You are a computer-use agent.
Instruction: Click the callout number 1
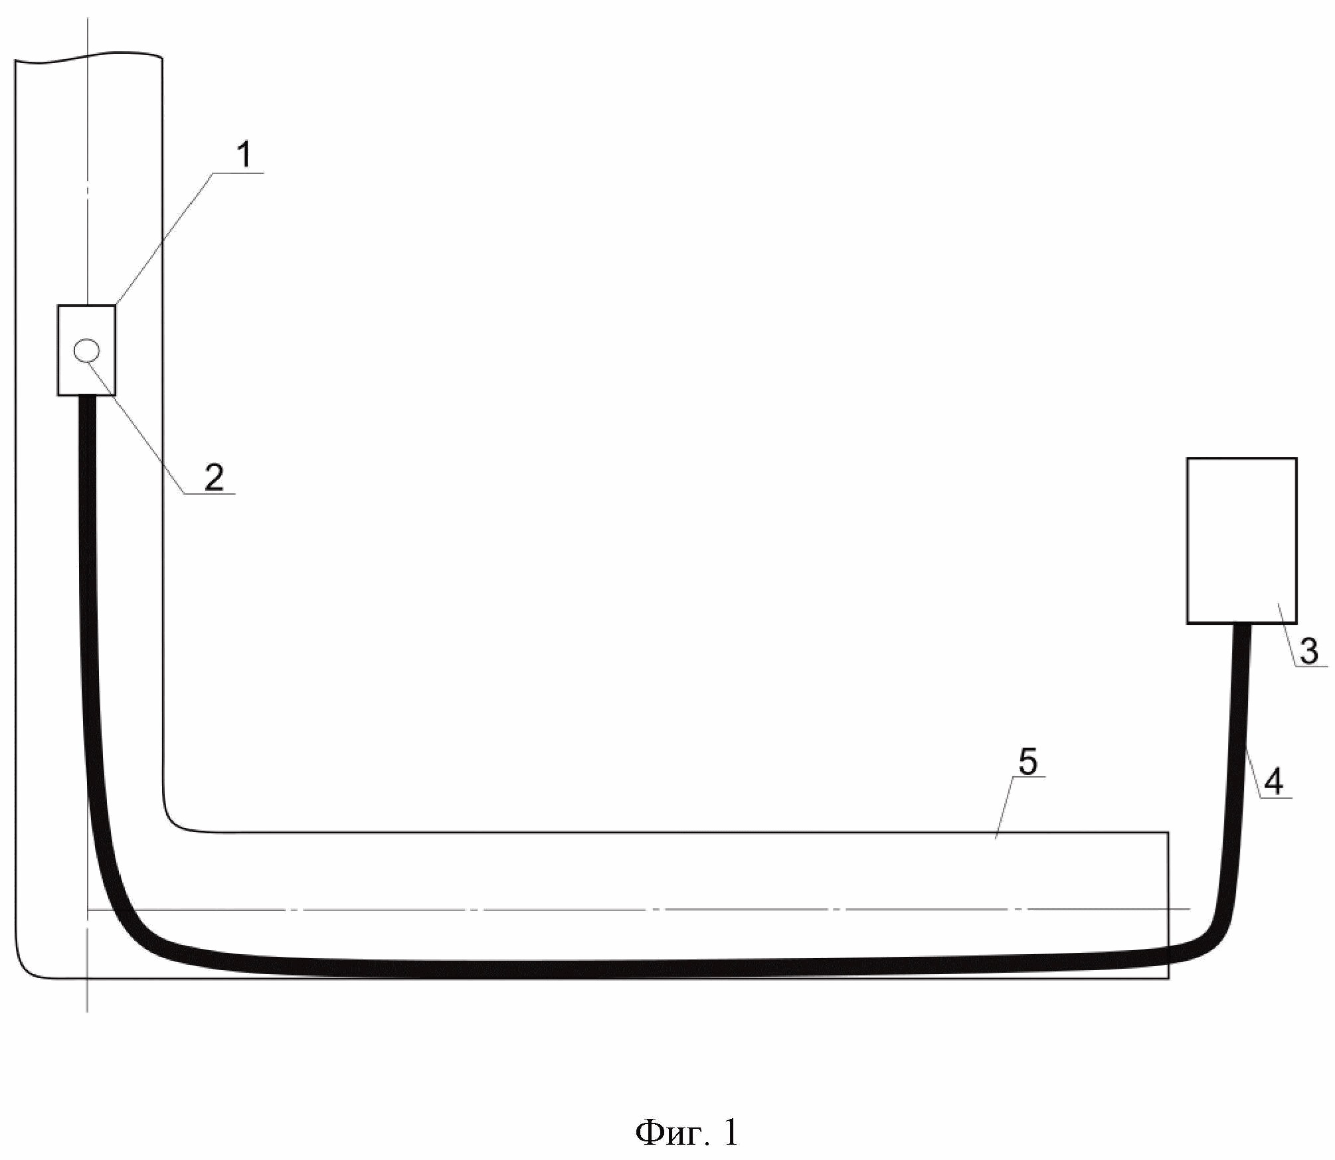pyautogui.click(x=244, y=154)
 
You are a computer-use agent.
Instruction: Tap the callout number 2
pyautogui.click(x=215, y=477)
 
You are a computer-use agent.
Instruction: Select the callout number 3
pyautogui.click(x=1308, y=651)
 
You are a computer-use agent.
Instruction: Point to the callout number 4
pyautogui.click(x=1273, y=781)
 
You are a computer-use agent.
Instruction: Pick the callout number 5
pyautogui.click(x=1027, y=762)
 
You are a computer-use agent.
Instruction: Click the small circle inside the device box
pyautogui.click(x=87, y=350)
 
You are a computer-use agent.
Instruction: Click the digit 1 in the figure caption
pyautogui.click(x=730, y=1133)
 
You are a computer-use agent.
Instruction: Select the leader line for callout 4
pyautogui.click(x=1255, y=771)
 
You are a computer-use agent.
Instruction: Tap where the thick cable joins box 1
pyautogui.click(x=87, y=397)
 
